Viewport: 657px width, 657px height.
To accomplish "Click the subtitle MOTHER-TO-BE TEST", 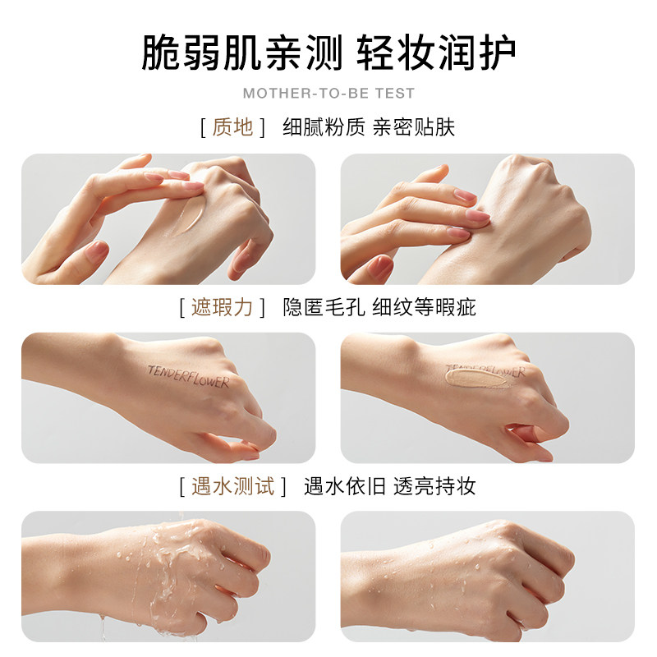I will point(328,94).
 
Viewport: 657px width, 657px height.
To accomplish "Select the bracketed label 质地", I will point(232,127).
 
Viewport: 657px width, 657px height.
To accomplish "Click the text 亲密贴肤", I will point(413,127).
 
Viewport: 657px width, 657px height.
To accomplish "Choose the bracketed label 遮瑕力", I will point(222,307).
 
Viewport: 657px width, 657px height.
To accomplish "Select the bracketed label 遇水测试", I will point(232,486).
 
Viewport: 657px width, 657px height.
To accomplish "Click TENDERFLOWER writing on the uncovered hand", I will point(188,376).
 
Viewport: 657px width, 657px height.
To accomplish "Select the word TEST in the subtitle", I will point(397,94).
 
